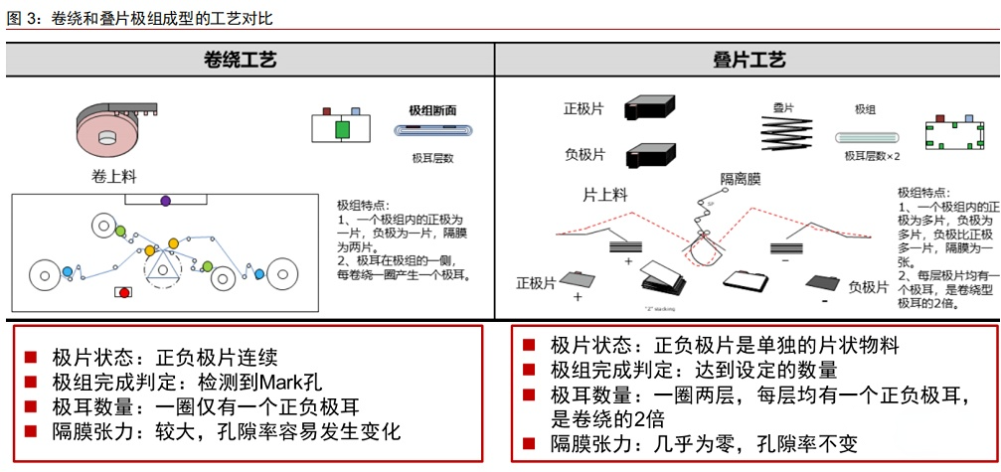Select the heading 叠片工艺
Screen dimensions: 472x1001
coord(750,61)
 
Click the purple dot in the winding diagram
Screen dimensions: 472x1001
coord(165,202)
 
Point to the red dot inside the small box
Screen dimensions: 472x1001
coord(123,292)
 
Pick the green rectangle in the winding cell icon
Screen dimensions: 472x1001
coord(343,130)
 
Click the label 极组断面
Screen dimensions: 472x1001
coord(433,110)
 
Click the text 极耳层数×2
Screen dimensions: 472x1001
coord(872,156)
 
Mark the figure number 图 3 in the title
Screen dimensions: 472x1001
coord(22,18)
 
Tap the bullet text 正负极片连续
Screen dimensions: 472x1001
coord(220,358)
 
